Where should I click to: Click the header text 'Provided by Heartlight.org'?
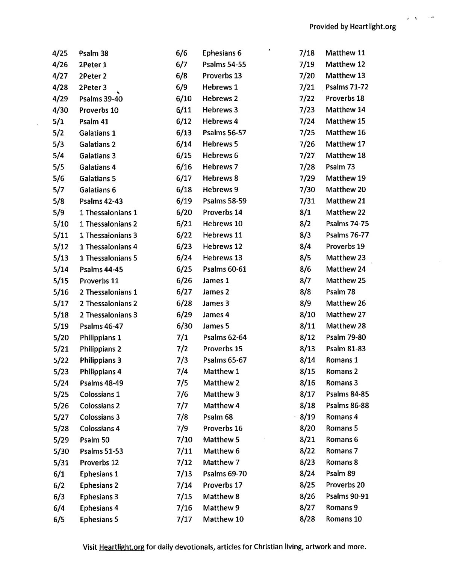pos(353,27)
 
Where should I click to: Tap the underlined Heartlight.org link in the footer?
pos(122,547)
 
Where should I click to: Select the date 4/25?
pos(60,53)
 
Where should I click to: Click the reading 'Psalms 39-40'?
pos(101,99)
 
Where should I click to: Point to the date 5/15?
pos(61,281)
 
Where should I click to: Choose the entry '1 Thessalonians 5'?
pos(108,258)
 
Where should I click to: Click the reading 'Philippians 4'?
pos(100,372)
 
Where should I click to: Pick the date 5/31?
pos(61,463)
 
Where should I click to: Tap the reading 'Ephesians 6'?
pos(222,53)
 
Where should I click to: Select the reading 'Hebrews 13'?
pos(222,258)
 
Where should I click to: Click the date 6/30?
pos(184,326)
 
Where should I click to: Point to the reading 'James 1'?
pos(216,281)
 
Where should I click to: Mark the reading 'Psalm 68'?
pos(218,417)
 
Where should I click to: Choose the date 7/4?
pos(182,372)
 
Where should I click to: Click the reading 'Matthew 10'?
pos(223,519)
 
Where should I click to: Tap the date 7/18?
pos(307,53)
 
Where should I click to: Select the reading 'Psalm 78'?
pos(341,292)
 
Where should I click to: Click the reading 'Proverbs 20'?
pos(345,485)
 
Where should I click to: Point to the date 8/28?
pos(307,519)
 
